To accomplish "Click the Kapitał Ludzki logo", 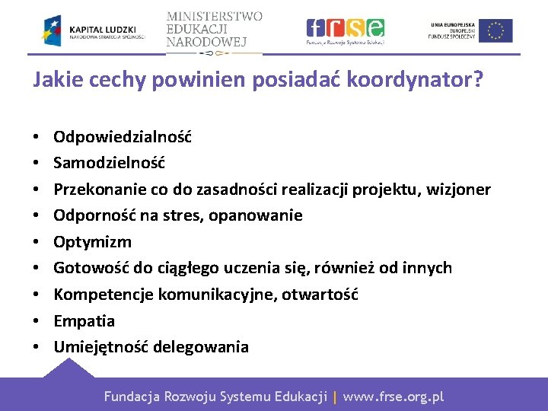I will [93, 30].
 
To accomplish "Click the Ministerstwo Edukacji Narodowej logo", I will [214, 30].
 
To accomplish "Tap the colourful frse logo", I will [345, 30].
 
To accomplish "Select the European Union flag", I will [495, 30].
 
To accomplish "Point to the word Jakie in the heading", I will [54, 81].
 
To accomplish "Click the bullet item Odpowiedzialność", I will [123, 137].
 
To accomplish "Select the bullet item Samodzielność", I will [109, 163].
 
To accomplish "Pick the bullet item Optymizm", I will [92, 242].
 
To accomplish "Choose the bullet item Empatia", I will [84, 320].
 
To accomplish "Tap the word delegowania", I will [201, 347].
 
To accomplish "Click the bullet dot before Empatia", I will [37, 321].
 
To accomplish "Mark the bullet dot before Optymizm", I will [37, 243].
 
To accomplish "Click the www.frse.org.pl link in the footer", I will [393, 397].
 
